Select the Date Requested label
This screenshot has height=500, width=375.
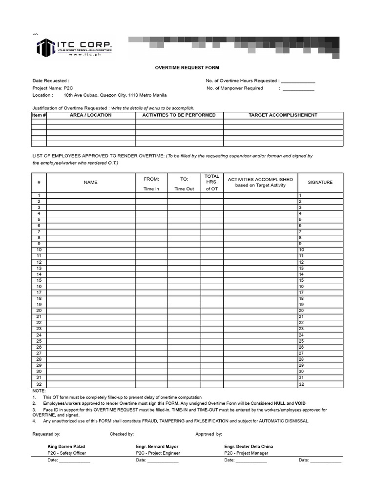51,81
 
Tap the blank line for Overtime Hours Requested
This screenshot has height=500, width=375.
298,81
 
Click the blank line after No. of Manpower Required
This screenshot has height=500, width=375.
298,89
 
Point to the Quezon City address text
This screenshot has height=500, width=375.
115,95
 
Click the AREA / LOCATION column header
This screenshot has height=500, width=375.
91,115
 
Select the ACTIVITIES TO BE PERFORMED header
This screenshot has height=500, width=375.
179,115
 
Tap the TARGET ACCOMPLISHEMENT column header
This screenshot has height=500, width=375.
283,115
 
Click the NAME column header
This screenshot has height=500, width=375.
90,182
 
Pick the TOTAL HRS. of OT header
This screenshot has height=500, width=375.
211,182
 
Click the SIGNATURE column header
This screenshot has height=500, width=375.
320,182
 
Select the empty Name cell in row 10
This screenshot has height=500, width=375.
91,250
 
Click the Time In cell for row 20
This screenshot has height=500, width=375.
151,311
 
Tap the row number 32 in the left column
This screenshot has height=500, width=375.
39,384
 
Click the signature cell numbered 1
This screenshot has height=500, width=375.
320,195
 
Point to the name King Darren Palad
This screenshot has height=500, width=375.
69,446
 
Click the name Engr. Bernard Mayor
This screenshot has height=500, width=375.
157,446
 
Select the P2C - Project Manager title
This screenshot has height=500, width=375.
246,453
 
